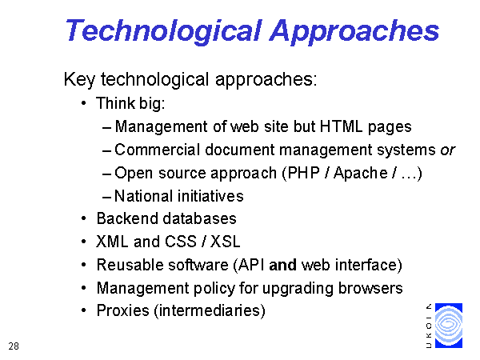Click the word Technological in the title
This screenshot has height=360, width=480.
point(164,31)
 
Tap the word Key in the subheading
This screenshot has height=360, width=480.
point(79,80)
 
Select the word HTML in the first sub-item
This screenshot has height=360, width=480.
point(342,126)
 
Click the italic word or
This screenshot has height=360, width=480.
point(448,150)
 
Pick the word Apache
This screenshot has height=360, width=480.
point(361,173)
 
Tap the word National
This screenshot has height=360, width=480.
point(143,196)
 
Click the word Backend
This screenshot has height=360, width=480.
point(127,218)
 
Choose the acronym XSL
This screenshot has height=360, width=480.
point(225,242)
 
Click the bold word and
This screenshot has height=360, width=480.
point(282,265)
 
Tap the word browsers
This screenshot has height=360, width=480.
point(370,288)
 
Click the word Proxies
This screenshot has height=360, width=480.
point(122,310)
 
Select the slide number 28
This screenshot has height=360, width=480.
point(14,346)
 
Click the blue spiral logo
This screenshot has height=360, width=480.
point(449,326)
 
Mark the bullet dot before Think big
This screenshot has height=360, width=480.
point(84,103)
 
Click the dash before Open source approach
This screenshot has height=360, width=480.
point(107,174)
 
